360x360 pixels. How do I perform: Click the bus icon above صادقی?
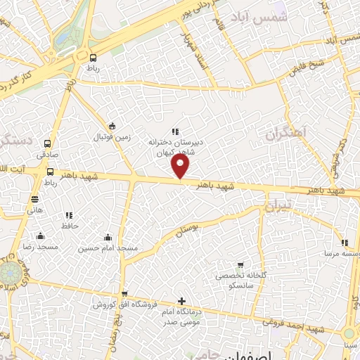(48, 141)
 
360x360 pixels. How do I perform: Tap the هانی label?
(35, 210)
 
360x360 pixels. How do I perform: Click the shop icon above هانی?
(35, 198)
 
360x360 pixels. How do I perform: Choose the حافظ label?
(68, 226)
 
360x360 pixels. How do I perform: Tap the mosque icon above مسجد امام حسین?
(107, 237)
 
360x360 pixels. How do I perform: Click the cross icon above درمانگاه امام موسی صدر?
(182, 301)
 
